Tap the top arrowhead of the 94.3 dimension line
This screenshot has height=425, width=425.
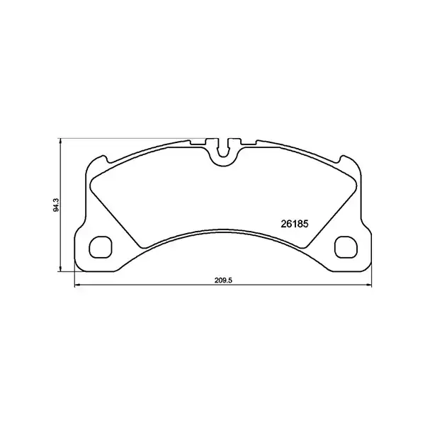tap(61, 140)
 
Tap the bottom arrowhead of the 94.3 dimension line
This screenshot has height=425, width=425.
tap(61, 269)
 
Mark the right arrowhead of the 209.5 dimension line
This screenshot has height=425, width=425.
tap(370, 286)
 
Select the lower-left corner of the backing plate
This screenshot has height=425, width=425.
tap(77, 270)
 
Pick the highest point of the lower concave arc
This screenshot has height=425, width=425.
tap(224, 228)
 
